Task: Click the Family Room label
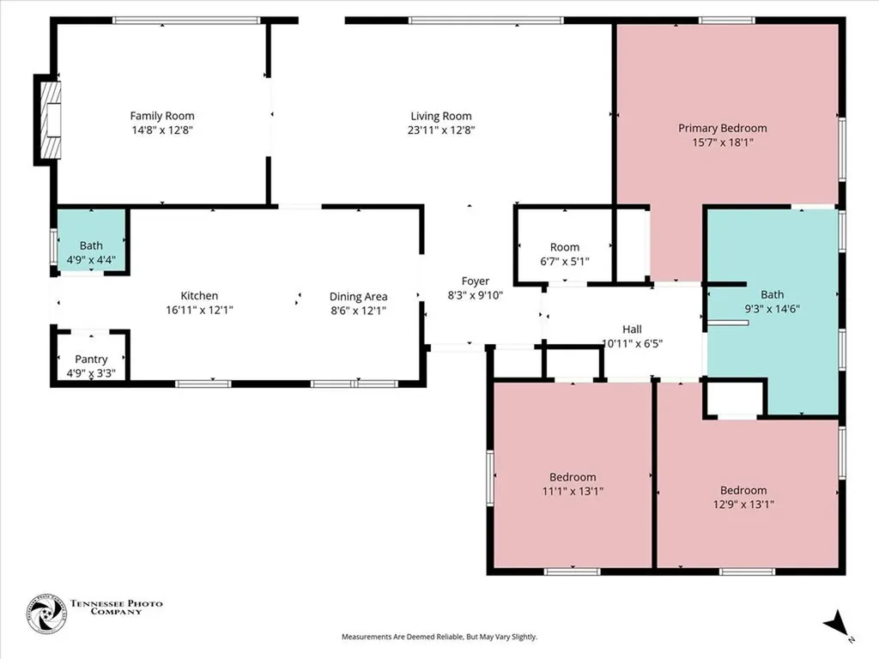tap(162, 116)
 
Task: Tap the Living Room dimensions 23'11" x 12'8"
tap(441, 130)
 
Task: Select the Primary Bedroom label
tap(723, 129)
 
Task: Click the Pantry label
tap(91, 360)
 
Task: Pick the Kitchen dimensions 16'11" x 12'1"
tap(199, 310)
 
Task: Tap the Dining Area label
tap(358, 296)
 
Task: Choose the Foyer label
tap(476, 281)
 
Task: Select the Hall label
tap(632, 329)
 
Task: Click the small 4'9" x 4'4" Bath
tap(91, 240)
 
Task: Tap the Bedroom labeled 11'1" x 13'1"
tap(573, 475)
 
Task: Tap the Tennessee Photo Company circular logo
tap(46, 614)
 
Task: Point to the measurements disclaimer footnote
tap(439, 637)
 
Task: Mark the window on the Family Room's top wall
tap(186, 21)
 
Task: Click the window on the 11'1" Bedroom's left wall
tap(490, 479)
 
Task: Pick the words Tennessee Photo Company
tap(116, 608)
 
